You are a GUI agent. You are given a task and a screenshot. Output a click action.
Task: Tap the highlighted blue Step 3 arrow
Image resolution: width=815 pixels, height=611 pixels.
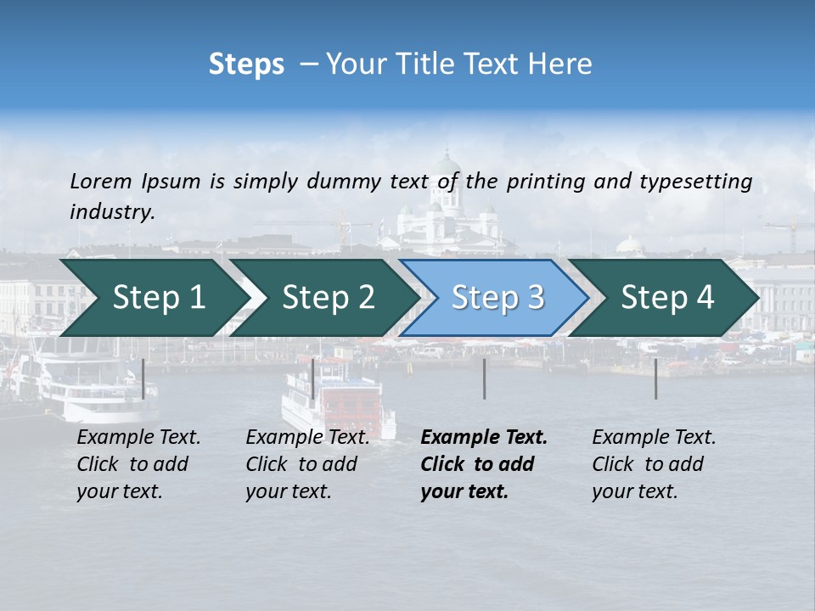coord(497,298)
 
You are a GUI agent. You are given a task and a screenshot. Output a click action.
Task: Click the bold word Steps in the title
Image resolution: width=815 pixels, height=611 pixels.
coord(246,64)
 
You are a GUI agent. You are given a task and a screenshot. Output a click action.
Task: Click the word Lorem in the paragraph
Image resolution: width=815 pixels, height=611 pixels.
coord(101,181)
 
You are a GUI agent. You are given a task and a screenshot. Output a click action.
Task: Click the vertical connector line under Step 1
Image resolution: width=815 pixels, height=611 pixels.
coord(143,378)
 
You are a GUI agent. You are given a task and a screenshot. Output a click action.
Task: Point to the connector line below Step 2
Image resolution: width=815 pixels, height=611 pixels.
coord(313,378)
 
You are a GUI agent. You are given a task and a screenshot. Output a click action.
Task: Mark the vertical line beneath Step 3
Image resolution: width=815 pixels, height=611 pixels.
coord(484,378)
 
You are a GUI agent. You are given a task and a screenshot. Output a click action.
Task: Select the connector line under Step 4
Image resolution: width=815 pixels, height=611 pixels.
coord(655,378)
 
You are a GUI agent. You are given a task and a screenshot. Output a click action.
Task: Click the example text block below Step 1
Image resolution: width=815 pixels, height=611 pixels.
coord(138,464)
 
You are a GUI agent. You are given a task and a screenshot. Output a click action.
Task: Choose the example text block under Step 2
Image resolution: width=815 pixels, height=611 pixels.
coord(307,464)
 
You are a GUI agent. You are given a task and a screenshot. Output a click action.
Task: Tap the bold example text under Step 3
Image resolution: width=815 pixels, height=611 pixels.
coord(483,464)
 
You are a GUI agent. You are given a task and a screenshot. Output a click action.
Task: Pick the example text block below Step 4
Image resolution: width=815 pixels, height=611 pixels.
coord(654,464)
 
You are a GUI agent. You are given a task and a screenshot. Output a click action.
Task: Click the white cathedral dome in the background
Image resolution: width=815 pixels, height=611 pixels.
coord(447,165)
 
